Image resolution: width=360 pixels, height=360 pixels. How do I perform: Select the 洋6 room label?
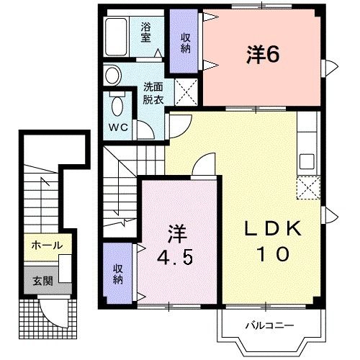[x=262, y=55]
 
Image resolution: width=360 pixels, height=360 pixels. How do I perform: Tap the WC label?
[x=119, y=127]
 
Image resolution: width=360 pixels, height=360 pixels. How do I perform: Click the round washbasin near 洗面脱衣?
[x=112, y=74]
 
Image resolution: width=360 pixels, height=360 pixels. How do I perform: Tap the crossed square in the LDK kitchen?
[x=307, y=188]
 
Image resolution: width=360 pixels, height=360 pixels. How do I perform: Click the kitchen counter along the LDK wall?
[x=307, y=144]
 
